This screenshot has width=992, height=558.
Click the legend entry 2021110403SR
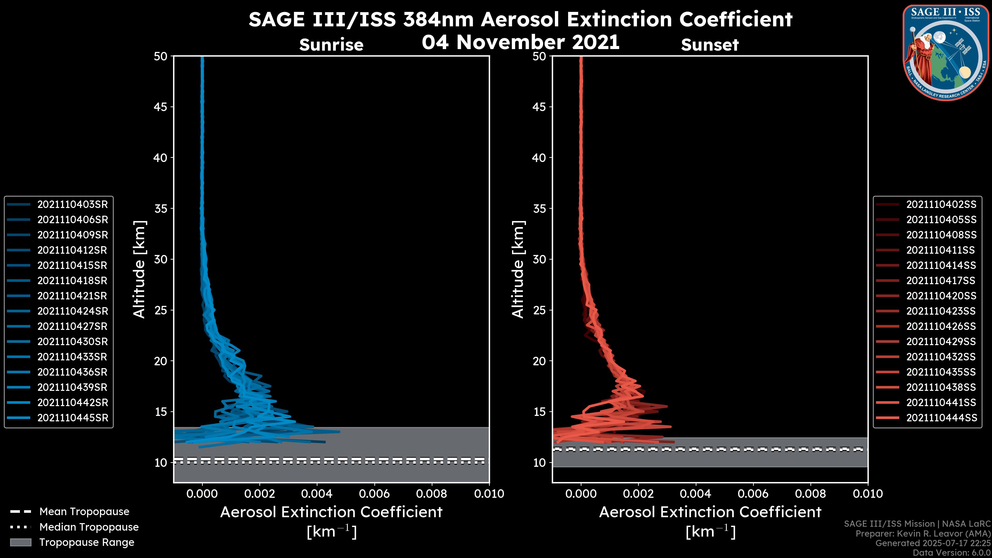coord(72,205)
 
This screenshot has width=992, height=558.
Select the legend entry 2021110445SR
coord(72,418)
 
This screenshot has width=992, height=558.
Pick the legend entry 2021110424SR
coord(72,311)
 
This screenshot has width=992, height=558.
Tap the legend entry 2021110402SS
coord(941,205)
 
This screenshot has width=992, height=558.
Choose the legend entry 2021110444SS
coord(941,418)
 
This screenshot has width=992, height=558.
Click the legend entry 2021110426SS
coord(941,327)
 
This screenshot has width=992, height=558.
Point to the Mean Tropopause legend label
coord(84,512)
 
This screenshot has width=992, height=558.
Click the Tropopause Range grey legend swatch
coord(20,542)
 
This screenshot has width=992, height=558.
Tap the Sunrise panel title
coord(331,45)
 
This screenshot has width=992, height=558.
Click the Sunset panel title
coord(710,45)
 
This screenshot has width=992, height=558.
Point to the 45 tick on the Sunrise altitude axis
coord(161,107)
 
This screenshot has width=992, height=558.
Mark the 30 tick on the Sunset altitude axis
coord(539,260)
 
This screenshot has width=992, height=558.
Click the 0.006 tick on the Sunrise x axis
coord(374,494)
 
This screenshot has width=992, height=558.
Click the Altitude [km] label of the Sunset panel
coord(518,269)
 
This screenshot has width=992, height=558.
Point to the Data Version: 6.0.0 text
coord(951,553)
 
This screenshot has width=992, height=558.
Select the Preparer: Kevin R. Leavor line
coord(923,534)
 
